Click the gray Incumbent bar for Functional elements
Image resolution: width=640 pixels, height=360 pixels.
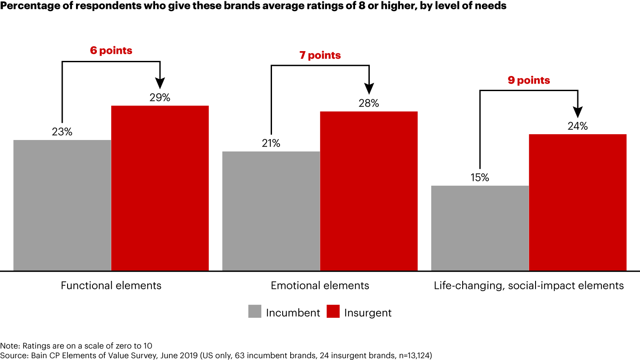(62, 205)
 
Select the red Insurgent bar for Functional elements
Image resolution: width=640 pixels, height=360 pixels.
(160, 188)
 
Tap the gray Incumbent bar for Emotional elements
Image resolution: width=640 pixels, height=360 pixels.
(271, 211)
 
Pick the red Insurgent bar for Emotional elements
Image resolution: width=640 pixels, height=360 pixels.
(369, 191)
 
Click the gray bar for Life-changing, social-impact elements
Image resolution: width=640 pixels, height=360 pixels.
(480, 228)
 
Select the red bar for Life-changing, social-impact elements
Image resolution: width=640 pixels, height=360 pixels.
(578, 202)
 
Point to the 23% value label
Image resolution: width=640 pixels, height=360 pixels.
(62, 132)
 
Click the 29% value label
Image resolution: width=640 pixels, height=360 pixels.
(160, 98)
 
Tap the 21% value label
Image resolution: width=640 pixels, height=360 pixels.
(271, 144)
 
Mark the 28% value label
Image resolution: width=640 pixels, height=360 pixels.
(369, 104)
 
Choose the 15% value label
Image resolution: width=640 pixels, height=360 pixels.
(480, 177)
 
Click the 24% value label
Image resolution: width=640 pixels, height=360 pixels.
(578, 126)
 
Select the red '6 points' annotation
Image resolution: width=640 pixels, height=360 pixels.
(111, 51)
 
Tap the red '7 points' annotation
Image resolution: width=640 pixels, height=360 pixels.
(320, 56)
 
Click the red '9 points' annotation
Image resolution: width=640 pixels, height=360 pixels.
(529, 80)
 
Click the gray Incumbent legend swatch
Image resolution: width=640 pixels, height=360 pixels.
(255, 312)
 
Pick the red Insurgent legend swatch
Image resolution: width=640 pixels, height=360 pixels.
(333, 312)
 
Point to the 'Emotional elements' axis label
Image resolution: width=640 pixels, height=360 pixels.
(320, 285)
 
